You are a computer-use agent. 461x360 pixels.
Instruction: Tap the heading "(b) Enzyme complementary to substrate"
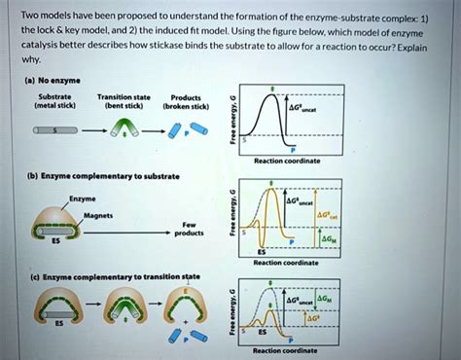point(73,176)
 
